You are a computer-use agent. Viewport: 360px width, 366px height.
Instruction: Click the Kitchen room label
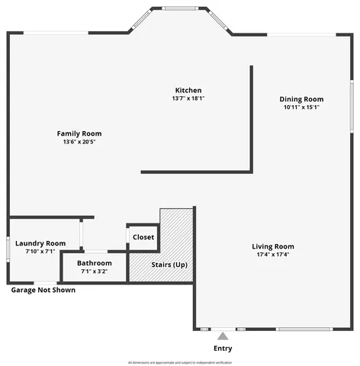click(x=188, y=90)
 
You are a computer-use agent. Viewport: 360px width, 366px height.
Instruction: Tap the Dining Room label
click(x=301, y=99)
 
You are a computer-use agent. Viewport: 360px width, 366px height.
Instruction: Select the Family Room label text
click(x=79, y=133)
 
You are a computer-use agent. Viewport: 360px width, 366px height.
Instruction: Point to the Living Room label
click(x=273, y=246)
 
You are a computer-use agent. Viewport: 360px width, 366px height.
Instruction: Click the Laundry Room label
click(x=45, y=242)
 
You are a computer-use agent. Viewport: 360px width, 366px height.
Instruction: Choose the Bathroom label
click(x=94, y=263)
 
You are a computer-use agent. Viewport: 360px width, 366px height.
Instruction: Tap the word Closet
click(x=143, y=237)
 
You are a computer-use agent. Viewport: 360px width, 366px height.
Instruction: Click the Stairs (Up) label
click(x=169, y=265)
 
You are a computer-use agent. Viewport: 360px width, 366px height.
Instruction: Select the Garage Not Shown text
click(x=43, y=290)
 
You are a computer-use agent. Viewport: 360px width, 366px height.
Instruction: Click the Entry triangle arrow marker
click(x=223, y=335)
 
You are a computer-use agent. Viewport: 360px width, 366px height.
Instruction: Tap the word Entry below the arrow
click(x=223, y=348)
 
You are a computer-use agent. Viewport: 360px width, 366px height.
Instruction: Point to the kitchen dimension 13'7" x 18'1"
click(x=188, y=98)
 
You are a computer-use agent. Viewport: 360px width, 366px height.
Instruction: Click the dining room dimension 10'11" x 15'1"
click(x=301, y=108)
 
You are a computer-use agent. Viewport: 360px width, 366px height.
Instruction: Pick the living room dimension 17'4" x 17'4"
click(x=273, y=254)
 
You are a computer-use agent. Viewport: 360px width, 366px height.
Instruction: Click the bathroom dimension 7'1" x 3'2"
click(x=94, y=271)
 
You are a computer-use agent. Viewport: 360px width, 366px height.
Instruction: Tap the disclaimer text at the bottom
click(x=180, y=362)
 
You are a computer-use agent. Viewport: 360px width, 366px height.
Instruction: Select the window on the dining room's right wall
click(x=352, y=104)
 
